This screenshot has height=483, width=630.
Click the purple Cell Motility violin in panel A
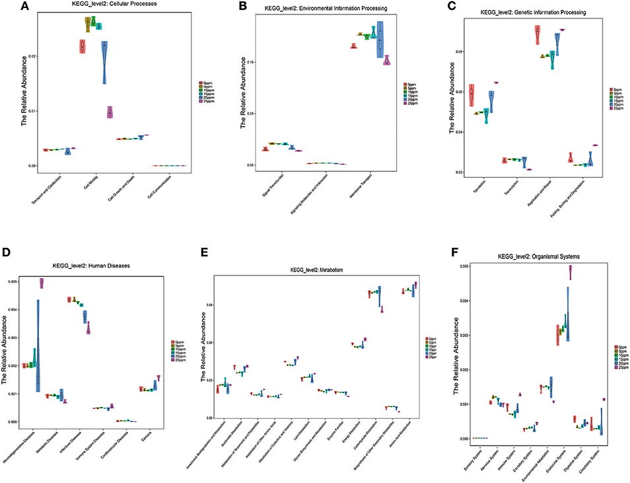[x=110, y=112]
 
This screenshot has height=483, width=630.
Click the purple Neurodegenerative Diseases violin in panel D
[x=41, y=283]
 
